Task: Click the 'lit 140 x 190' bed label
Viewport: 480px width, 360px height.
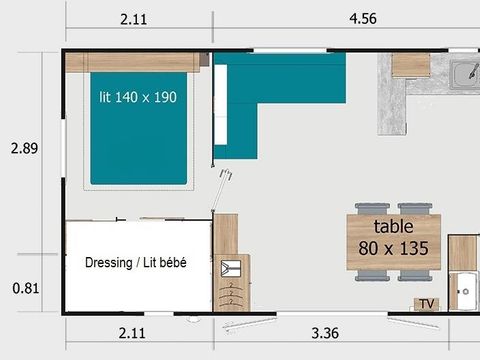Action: tap(139, 98)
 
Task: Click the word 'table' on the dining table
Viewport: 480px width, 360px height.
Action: tap(393, 227)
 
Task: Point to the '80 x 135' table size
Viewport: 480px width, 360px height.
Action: tap(393, 245)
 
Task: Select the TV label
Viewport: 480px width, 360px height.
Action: tap(427, 303)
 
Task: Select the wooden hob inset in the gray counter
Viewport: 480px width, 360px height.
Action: tap(410, 65)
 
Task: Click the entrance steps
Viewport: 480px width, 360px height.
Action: tap(232, 297)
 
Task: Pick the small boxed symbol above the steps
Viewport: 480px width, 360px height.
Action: tap(232, 267)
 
